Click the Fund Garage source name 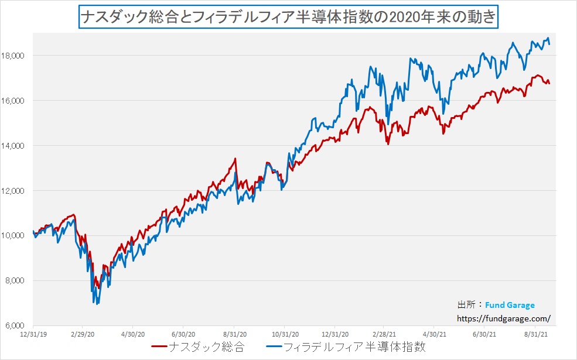510,305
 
